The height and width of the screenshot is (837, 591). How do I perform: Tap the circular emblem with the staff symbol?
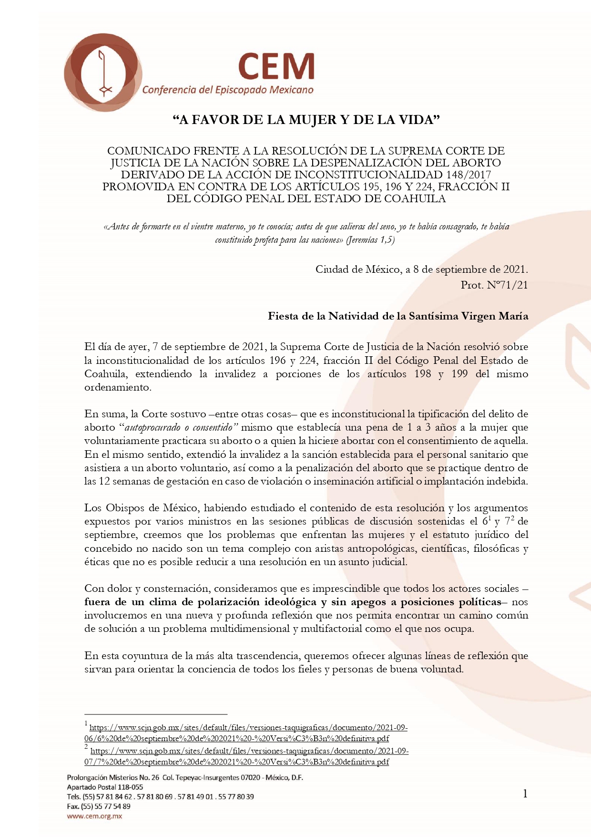[x=103, y=72]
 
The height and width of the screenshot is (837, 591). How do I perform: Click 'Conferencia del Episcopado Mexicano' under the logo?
[x=228, y=90]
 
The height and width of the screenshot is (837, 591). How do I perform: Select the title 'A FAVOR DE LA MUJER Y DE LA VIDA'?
[x=306, y=120]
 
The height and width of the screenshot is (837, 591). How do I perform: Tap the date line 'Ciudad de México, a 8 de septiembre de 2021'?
[x=421, y=269]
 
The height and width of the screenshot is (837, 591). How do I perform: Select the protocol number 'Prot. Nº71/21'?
[x=494, y=285]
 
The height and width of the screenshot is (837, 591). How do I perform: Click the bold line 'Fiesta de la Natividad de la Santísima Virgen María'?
[x=398, y=316]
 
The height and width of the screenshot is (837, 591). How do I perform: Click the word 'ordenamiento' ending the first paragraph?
[x=117, y=387]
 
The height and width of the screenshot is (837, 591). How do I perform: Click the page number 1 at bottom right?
[x=525, y=794]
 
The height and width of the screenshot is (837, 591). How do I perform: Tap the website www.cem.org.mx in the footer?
[x=94, y=816]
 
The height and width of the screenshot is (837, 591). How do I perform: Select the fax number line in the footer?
[x=99, y=806]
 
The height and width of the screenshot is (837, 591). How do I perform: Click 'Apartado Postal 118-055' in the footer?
[x=105, y=787]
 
